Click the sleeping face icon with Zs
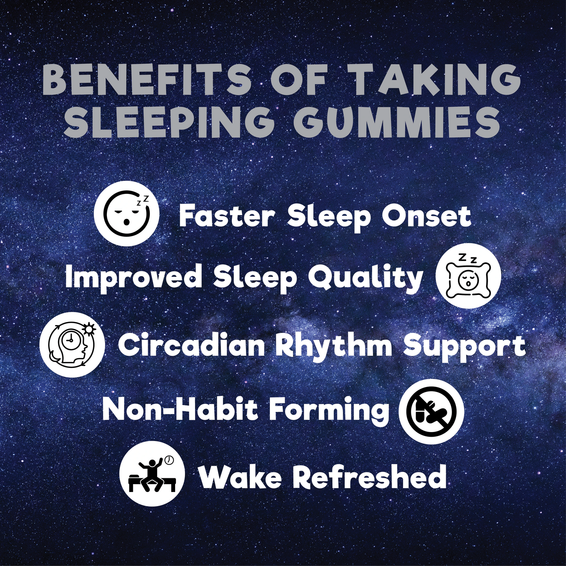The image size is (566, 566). click(x=127, y=216)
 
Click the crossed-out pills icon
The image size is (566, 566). click(x=431, y=411)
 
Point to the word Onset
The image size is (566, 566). click(x=426, y=217)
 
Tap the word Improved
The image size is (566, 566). click(x=134, y=277)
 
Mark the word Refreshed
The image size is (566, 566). click(x=369, y=476)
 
